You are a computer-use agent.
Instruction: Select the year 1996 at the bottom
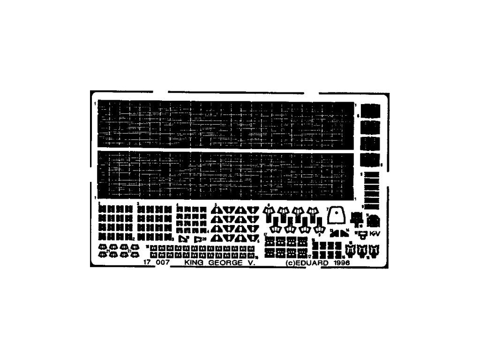[342, 263]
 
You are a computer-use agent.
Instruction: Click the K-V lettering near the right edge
[374, 233]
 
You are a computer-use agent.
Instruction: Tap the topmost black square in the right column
[371, 111]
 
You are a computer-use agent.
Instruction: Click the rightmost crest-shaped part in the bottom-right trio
[374, 251]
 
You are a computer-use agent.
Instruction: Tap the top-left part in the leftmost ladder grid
[101, 209]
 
